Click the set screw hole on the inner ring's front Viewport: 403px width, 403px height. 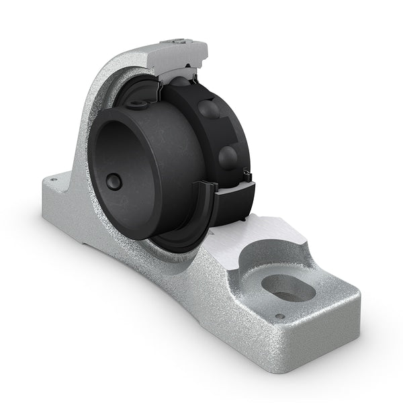(x=114, y=182)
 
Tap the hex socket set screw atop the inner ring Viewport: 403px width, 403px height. (x=138, y=105)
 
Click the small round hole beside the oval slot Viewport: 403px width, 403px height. (x=280, y=316)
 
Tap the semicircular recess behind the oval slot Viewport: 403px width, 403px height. (x=272, y=259)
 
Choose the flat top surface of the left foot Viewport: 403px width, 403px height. (x=64, y=188)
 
